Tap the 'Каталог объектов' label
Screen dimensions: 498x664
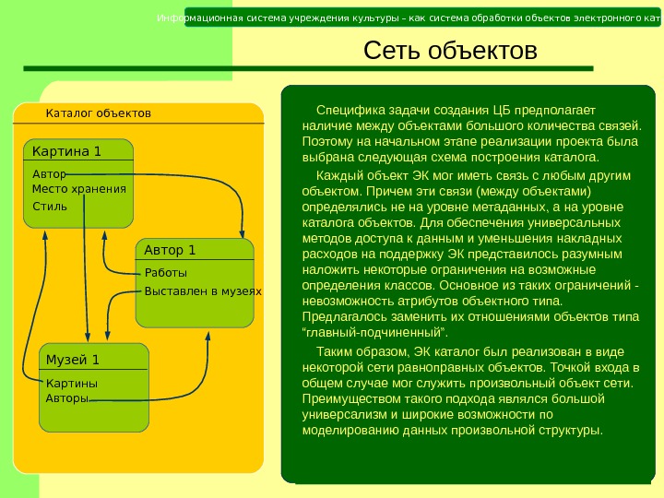point(98,113)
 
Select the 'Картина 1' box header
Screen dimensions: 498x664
point(66,150)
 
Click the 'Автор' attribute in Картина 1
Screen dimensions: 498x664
point(49,173)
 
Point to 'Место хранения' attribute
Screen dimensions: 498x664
point(78,188)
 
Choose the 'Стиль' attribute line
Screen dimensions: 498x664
point(50,206)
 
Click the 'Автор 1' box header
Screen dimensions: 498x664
point(171,250)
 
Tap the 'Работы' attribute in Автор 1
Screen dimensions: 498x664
point(165,273)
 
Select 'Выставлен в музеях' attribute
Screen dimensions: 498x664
point(203,291)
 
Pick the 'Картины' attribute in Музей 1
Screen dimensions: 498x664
point(71,383)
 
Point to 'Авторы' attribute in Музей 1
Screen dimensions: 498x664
point(66,398)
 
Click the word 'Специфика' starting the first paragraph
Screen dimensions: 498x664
point(346,110)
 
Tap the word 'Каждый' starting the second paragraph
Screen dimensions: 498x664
point(338,175)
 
